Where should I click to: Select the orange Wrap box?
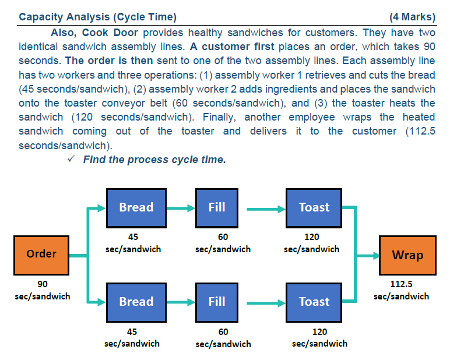coord(407,255)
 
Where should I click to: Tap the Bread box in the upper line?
coord(136,207)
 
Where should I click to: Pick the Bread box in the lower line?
coord(136,302)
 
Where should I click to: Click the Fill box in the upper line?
coord(217,207)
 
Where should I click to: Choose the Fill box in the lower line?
coord(217,302)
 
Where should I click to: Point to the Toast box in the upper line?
coord(314,207)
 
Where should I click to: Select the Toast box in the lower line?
coord(314,302)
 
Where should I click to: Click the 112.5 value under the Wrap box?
coord(401,284)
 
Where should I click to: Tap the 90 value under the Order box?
coord(43,284)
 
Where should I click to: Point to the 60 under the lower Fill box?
coord(223,331)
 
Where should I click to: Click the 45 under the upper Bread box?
coord(132,237)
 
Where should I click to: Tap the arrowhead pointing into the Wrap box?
coord(374,255)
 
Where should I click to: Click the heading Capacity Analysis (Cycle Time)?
coord(97,17)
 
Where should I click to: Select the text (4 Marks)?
coord(412,17)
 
